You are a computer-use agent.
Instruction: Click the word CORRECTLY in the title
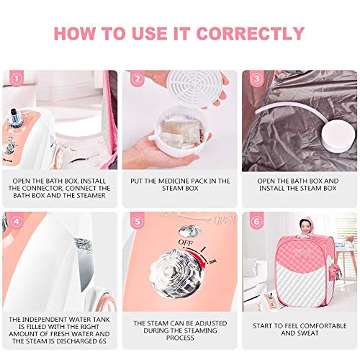click(x=251, y=33)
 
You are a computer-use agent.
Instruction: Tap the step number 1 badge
click(x=17, y=78)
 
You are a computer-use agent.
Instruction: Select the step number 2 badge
click(x=137, y=78)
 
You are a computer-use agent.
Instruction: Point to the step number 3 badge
click(x=257, y=78)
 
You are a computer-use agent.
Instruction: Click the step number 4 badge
click(x=17, y=221)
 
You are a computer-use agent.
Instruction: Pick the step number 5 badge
click(x=137, y=221)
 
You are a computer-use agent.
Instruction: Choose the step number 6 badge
click(x=257, y=221)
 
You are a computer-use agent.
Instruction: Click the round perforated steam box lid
click(x=196, y=88)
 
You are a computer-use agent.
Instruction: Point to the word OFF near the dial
click(x=186, y=243)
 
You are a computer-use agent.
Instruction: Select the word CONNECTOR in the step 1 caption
click(x=45, y=188)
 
